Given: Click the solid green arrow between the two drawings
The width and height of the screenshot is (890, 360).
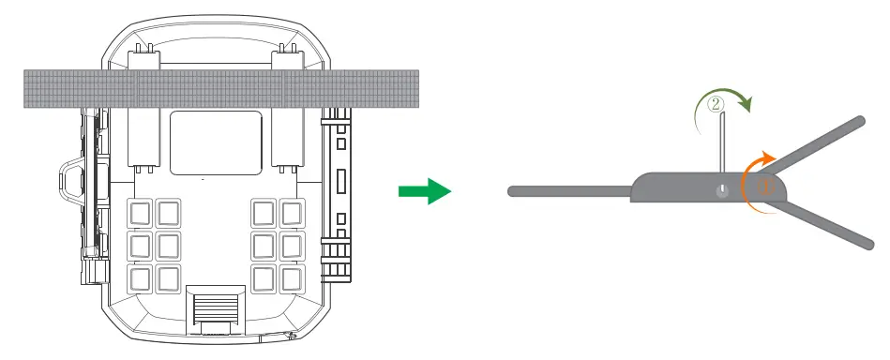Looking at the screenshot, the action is [x=424, y=191].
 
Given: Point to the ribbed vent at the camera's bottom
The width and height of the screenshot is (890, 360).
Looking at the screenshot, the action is [x=214, y=307].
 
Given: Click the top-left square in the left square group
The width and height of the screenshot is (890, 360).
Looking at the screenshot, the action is [x=141, y=214].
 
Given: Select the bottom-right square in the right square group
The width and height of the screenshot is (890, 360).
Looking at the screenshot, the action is [x=291, y=277].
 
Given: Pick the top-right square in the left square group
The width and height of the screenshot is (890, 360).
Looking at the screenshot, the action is [x=169, y=214].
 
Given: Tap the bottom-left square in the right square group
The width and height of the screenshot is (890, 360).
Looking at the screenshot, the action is [x=263, y=277].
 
